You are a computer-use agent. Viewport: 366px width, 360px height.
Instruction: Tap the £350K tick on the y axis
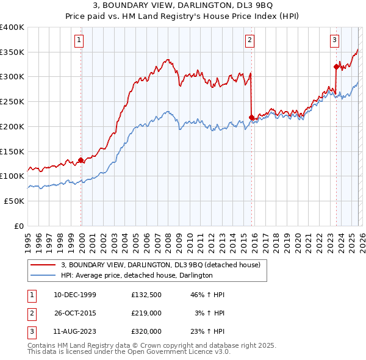pyautogui.click(x=12, y=52)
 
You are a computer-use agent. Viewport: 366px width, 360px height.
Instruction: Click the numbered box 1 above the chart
pyautogui.click(x=80, y=41)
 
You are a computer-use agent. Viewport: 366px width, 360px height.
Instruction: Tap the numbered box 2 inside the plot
pyautogui.click(x=250, y=41)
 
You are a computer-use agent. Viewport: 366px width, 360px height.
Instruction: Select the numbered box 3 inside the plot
pyautogui.click(x=335, y=41)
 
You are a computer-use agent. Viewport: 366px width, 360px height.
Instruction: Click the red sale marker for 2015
pyautogui.click(x=252, y=117)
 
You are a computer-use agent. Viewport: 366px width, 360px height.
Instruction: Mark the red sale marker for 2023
pyautogui.click(x=336, y=67)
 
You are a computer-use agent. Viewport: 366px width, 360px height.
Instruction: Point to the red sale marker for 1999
pyautogui.click(x=81, y=160)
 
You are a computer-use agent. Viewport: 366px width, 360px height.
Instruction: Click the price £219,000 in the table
pyautogui.click(x=146, y=313)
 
